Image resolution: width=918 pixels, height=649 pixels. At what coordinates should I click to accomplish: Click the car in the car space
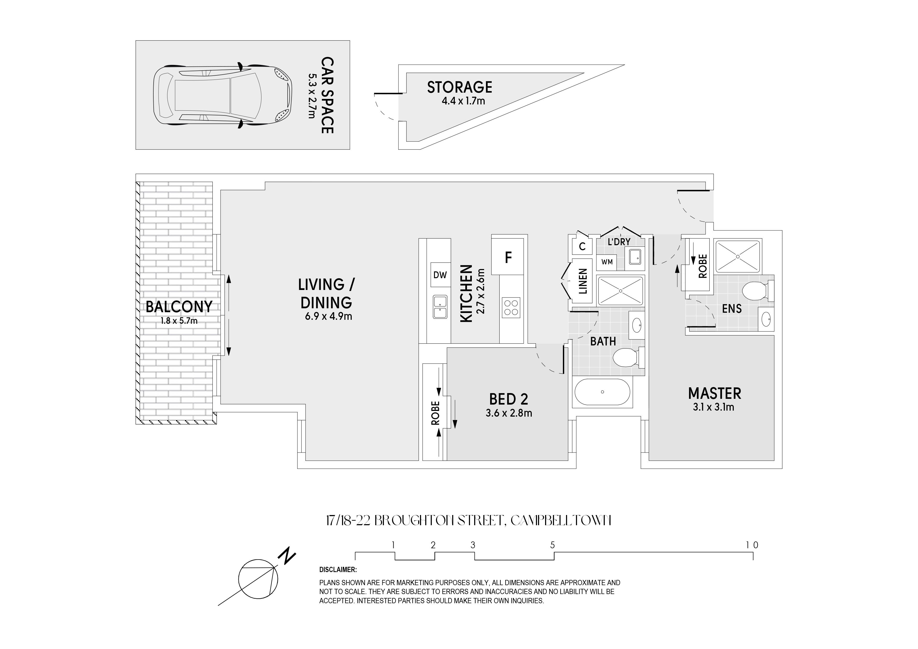(x=221, y=95)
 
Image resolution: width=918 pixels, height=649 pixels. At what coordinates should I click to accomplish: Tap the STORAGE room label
(x=460, y=87)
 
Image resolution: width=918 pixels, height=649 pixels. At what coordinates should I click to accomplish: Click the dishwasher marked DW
(x=440, y=275)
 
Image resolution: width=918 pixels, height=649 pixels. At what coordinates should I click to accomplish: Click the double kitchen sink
(x=440, y=307)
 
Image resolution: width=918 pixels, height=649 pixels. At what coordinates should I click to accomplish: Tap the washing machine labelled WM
(x=607, y=262)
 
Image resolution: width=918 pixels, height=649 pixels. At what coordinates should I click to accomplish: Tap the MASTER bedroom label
(x=714, y=394)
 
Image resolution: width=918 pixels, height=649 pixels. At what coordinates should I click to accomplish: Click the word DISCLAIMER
(x=338, y=570)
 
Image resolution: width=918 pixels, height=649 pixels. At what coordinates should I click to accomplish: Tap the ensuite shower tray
(x=738, y=256)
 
